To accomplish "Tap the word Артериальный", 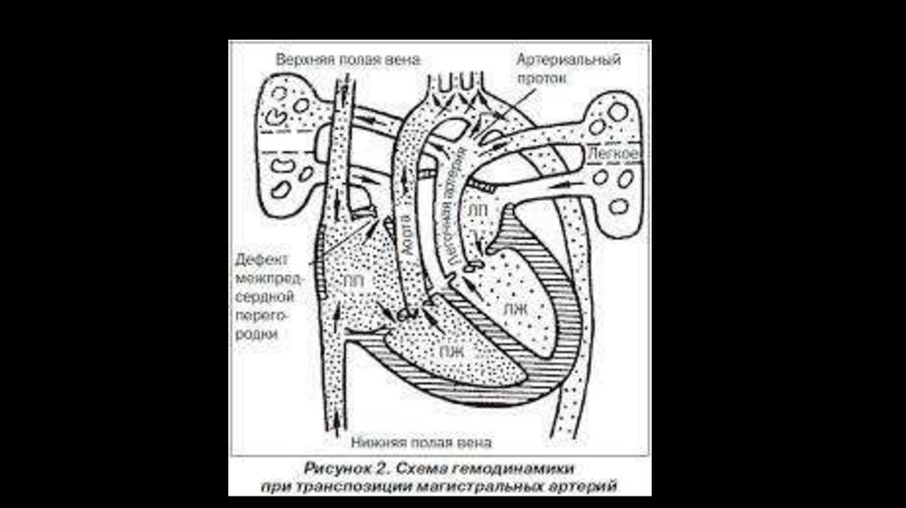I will click(569, 59).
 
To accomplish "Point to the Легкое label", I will click(612, 154).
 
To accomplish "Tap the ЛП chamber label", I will click(477, 210).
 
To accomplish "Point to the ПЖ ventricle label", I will click(452, 350).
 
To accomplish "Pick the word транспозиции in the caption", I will click(357, 486).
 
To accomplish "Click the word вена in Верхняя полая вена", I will click(401, 59).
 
